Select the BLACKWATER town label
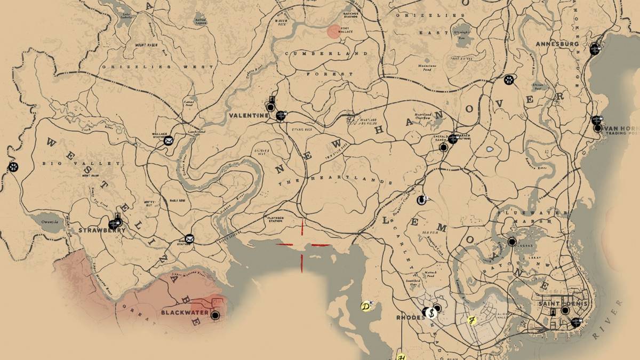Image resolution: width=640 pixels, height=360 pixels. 182,313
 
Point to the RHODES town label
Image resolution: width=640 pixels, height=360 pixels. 410,317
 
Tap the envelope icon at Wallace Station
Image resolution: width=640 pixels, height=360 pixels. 169,141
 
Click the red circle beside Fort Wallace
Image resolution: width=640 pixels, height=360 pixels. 334,31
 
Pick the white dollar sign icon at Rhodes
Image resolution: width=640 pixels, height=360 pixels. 431,313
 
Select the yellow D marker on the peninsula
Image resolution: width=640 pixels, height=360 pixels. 365,307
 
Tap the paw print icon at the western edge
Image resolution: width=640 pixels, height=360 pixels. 13,167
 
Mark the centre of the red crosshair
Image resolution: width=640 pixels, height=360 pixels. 303,245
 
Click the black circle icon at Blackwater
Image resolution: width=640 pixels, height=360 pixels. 215,315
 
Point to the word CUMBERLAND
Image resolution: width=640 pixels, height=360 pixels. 327,54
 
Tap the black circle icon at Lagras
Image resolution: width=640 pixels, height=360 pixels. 511,242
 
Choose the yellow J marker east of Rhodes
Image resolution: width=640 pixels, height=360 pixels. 471,320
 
